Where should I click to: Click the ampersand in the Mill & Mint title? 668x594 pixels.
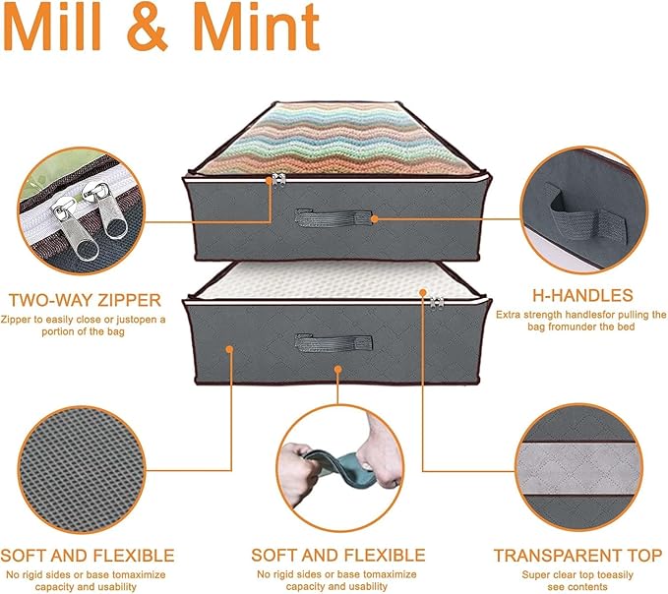(x=147, y=28)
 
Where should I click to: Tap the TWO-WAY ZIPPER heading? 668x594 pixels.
(x=85, y=300)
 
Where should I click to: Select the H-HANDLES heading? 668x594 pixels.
(x=582, y=295)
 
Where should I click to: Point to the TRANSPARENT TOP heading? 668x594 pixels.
(x=577, y=556)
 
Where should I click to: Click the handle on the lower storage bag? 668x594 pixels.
(x=334, y=343)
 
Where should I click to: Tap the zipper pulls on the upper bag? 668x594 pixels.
(x=278, y=179)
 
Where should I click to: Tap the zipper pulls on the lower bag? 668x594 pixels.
(x=436, y=303)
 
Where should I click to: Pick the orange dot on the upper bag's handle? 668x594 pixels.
(x=375, y=219)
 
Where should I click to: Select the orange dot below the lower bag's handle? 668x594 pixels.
(x=337, y=369)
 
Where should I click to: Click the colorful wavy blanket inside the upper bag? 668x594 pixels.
(x=334, y=140)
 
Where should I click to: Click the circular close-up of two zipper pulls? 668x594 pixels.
(x=81, y=210)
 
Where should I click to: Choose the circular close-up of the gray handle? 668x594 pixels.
(x=584, y=209)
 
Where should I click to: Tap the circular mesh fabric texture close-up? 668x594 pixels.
(x=82, y=470)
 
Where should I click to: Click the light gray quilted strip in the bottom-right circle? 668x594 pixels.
(x=578, y=468)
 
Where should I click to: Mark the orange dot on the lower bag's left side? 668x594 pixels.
(x=229, y=349)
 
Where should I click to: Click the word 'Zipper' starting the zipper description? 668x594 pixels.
(x=14, y=320)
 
